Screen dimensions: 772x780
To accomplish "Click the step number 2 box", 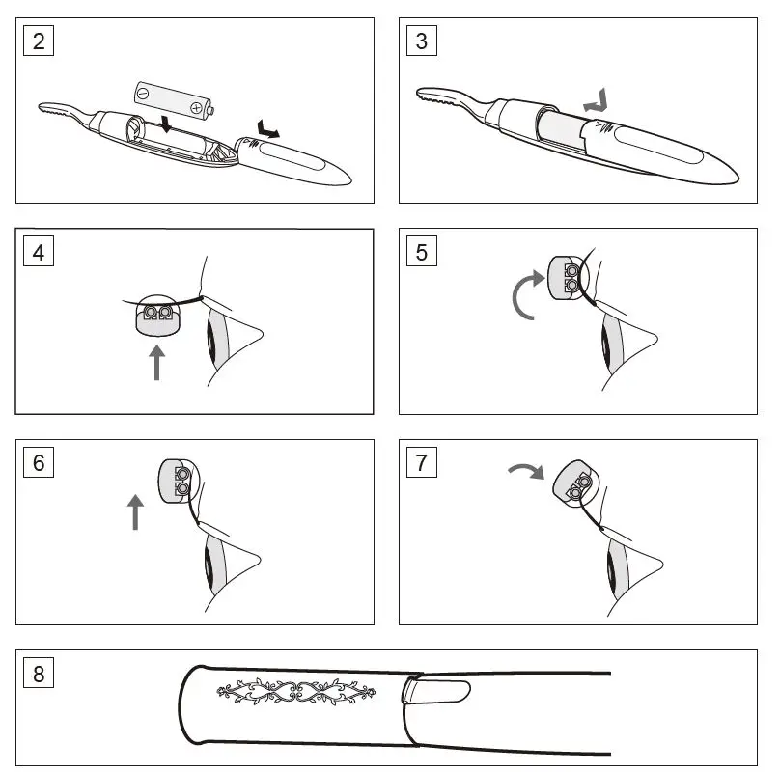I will pos(39,41).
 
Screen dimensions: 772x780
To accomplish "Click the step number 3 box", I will pos(422,41).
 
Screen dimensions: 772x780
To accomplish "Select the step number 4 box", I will pos(39,253).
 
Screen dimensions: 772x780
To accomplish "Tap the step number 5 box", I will pos(422,253).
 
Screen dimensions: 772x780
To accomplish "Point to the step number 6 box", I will pos(39,462).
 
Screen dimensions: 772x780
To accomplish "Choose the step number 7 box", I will pos(422,462).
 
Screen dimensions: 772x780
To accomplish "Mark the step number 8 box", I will pos(39,673).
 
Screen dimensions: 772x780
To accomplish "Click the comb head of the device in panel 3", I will pos(439,96).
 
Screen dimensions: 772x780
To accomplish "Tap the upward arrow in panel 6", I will pos(135,510).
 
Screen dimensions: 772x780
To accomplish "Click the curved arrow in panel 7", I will pos(526,470).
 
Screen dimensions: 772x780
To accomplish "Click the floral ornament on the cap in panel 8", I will pos(295,691).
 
